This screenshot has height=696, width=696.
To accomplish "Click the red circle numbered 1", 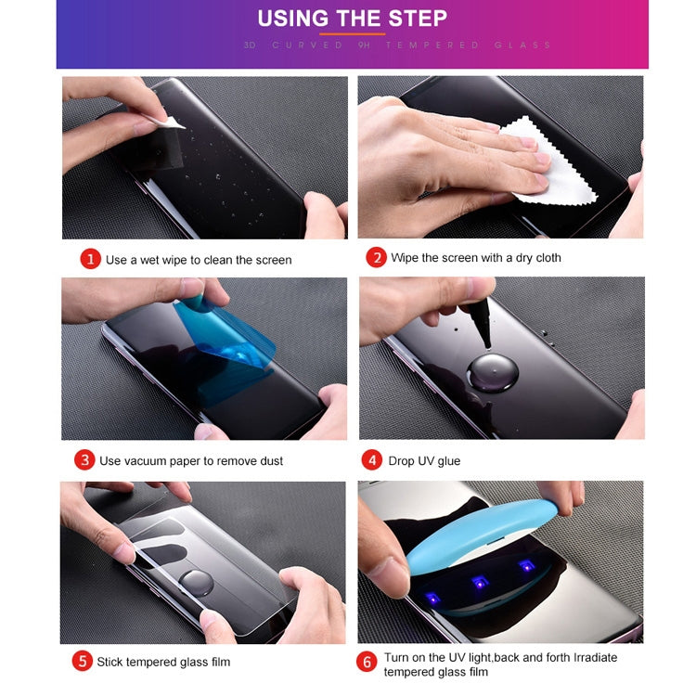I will pyautogui.click(x=90, y=259).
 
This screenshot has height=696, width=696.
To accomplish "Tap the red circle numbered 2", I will pyautogui.click(x=376, y=257).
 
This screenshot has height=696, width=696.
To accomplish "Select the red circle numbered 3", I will pyautogui.click(x=85, y=459).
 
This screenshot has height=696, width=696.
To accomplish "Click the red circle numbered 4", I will pyautogui.click(x=372, y=459).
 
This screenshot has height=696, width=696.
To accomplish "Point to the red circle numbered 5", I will pyautogui.click(x=83, y=661).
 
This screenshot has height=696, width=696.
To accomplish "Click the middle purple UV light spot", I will pyautogui.click(x=479, y=582).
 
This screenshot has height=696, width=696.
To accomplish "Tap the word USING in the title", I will pyautogui.click(x=292, y=19).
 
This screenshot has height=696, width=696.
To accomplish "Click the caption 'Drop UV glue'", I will pyautogui.click(x=425, y=460).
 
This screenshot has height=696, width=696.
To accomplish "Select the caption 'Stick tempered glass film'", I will pyautogui.click(x=163, y=662).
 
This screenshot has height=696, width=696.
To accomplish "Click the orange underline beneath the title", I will pyautogui.click(x=352, y=33).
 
